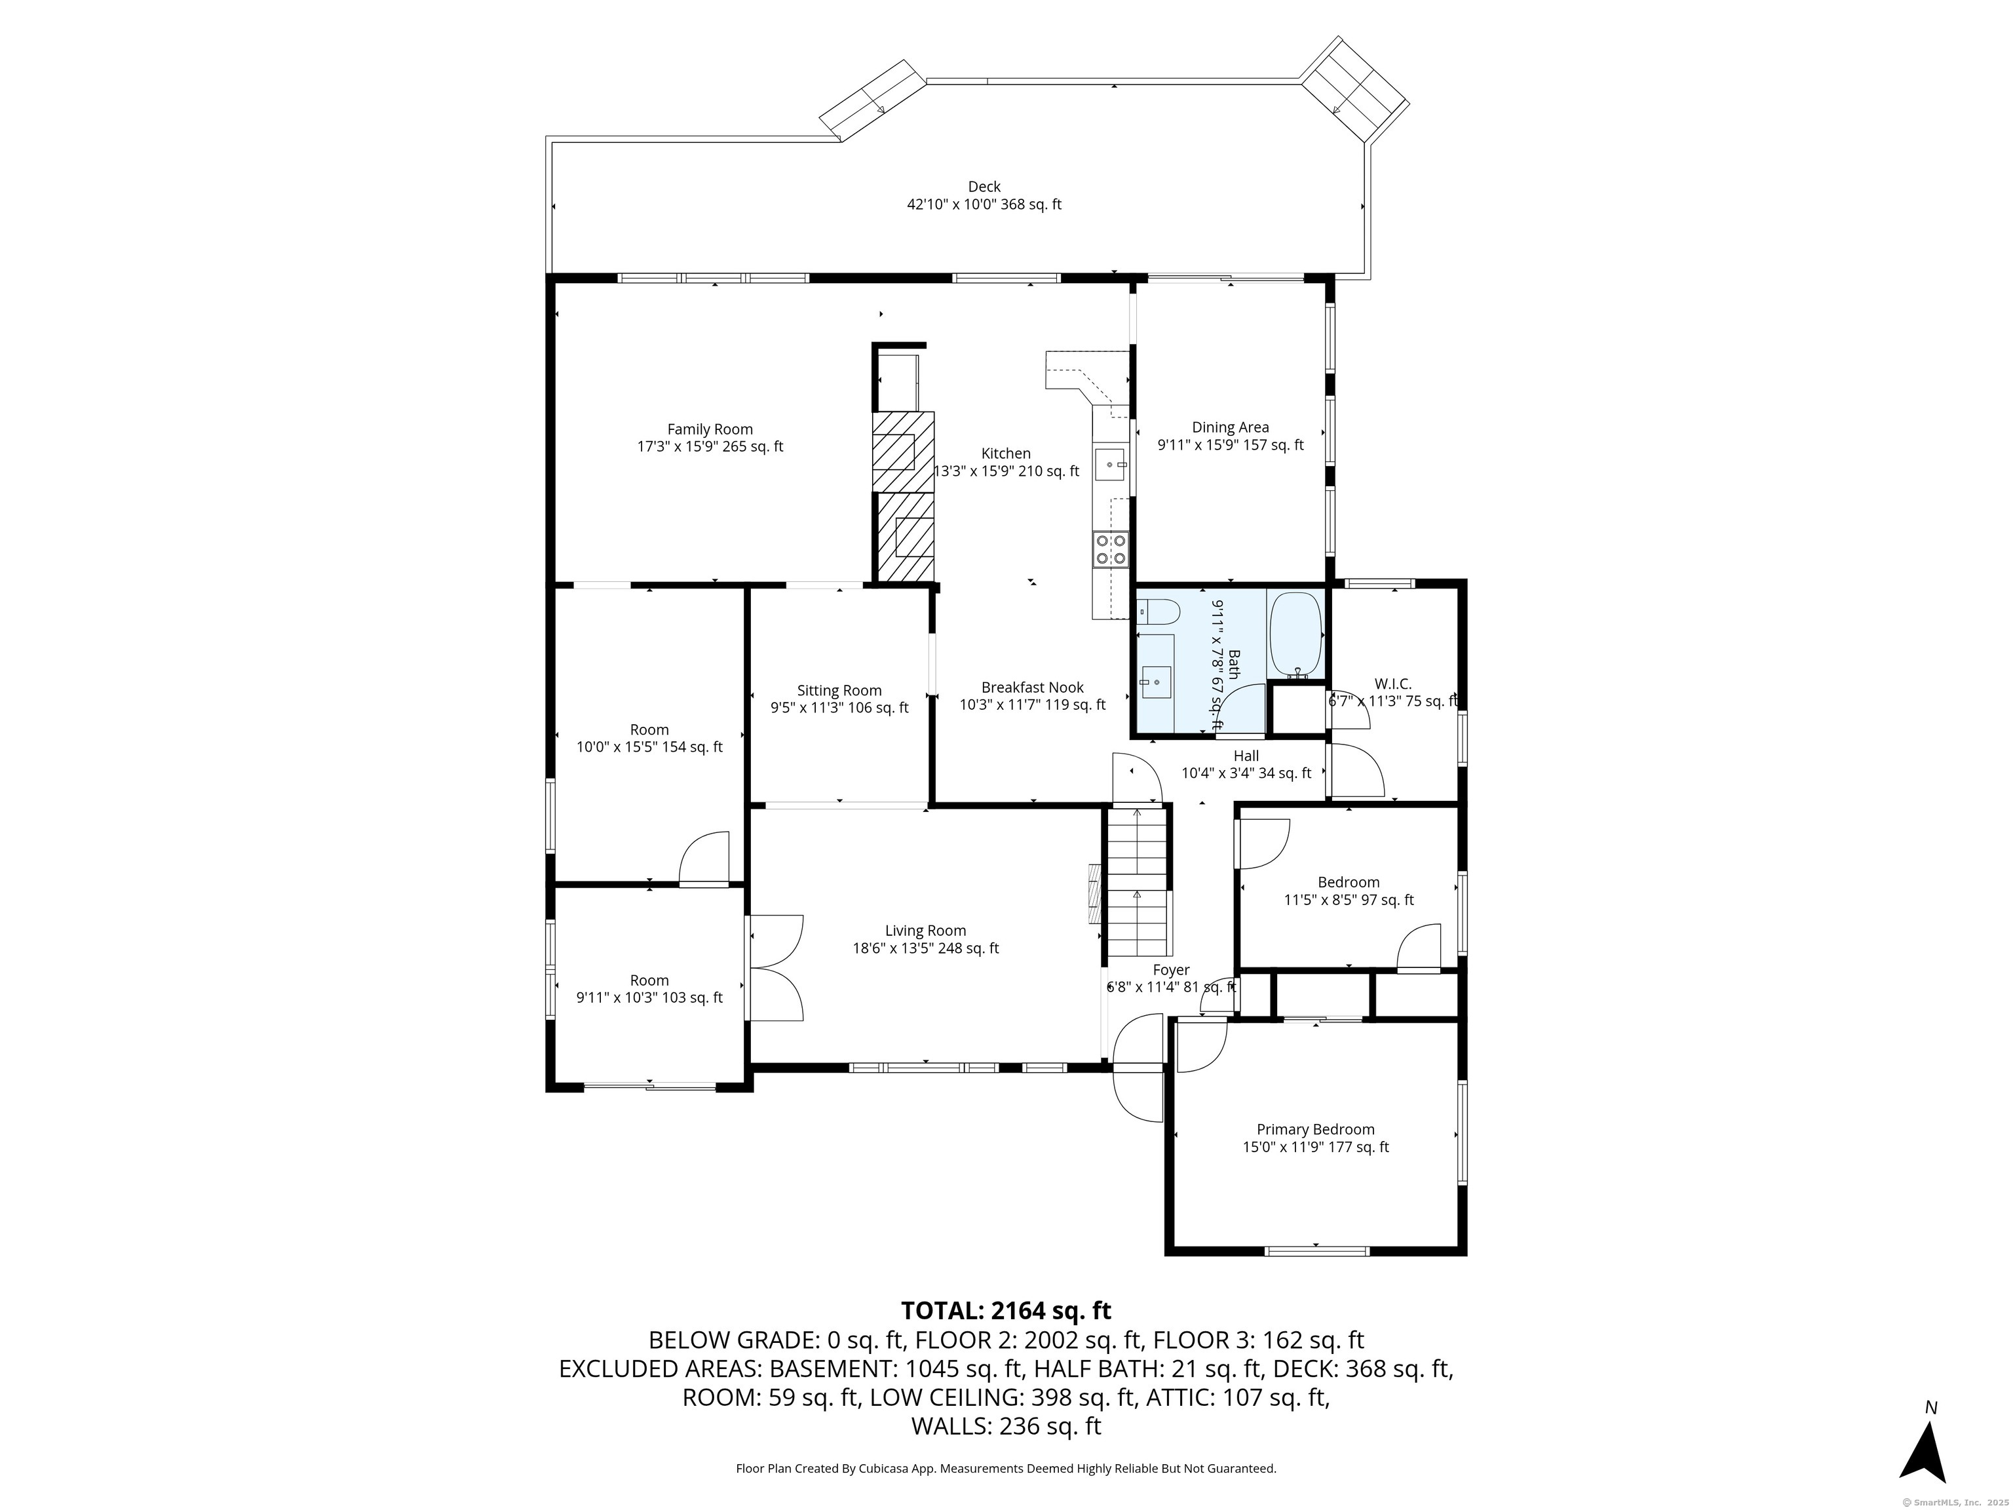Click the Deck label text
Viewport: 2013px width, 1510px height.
984,187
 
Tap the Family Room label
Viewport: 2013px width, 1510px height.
710,430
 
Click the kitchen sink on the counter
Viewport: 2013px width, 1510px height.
1110,464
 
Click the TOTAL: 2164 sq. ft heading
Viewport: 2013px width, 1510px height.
1006,1311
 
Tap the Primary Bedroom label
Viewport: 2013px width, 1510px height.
1315,1129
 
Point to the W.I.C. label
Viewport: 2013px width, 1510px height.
1392,684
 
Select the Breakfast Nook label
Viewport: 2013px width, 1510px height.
1032,688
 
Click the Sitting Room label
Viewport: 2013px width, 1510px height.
839,691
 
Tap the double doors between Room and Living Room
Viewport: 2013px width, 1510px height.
773,967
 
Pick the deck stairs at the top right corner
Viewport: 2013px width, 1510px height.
1354,88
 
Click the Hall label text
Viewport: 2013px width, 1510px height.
1246,756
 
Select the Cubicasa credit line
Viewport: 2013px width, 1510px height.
1006,1468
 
